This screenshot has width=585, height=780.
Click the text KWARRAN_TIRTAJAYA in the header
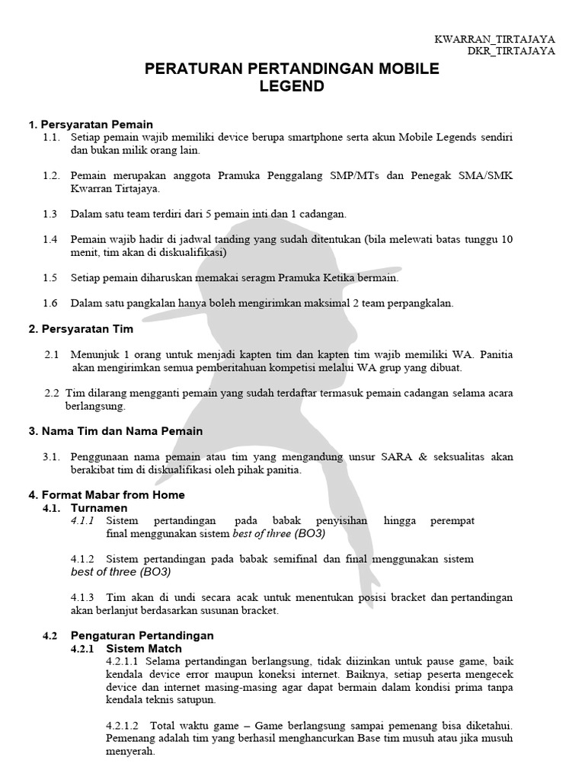494,39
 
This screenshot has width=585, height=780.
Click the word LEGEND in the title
292,87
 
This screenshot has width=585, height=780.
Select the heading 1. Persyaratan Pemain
91,124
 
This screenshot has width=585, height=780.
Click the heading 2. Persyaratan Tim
81,329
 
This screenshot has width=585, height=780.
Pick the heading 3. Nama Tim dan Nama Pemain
116,431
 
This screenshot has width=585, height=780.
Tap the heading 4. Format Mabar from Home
107,495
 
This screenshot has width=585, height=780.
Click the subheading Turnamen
99,507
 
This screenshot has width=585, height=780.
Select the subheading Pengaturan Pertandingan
142,635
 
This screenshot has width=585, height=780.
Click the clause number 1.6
51,303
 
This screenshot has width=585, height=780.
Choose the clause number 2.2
53,393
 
